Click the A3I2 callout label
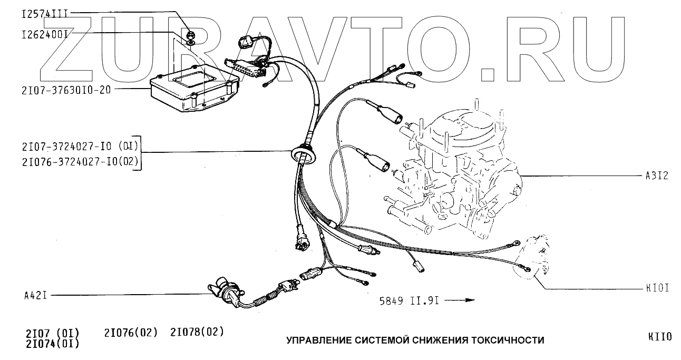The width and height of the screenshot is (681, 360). (x=656, y=176)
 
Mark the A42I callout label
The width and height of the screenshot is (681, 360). (x=35, y=295)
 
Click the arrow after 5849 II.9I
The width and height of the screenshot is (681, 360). (x=463, y=300)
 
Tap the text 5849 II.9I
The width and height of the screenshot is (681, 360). (x=408, y=301)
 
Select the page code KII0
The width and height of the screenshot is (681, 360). (x=660, y=337)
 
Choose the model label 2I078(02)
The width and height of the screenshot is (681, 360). (x=197, y=332)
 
